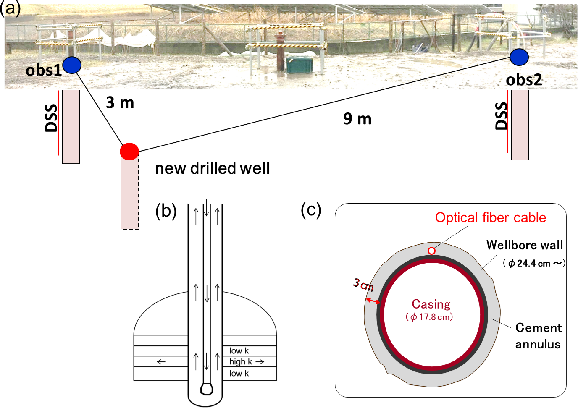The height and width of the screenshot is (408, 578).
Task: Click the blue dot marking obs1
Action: [x=72, y=65]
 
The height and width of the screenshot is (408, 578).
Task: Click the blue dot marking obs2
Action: [x=519, y=57]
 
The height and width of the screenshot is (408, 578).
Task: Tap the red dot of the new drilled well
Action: [x=129, y=151]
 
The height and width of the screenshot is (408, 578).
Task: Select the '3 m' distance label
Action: [x=120, y=102]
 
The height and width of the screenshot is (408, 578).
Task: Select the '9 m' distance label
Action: [x=357, y=119]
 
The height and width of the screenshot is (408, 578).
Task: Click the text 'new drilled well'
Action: [x=212, y=168]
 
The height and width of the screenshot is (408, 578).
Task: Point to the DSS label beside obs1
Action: [x=51, y=118]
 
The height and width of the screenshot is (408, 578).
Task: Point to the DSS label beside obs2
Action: [x=501, y=116]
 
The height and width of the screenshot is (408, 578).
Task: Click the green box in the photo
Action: [x=300, y=65]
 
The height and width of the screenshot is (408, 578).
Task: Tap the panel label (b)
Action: [x=166, y=211]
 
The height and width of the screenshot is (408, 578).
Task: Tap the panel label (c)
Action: [x=311, y=209]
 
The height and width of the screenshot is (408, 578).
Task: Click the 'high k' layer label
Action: [x=241, y=361]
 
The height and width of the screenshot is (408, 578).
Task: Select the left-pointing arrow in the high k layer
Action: [x=161, y=361]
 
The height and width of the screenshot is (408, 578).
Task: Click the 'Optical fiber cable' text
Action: [x=490, y=217]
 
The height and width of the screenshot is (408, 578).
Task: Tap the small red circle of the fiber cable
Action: [x=431, y=251]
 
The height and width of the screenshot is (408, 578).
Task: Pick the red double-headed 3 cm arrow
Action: [x=373, y=301]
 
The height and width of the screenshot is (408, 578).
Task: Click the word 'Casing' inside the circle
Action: [x=431, y=304]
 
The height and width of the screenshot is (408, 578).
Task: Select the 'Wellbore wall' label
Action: [x=524, y=245]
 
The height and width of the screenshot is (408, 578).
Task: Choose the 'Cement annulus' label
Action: [x=538, y=336]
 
